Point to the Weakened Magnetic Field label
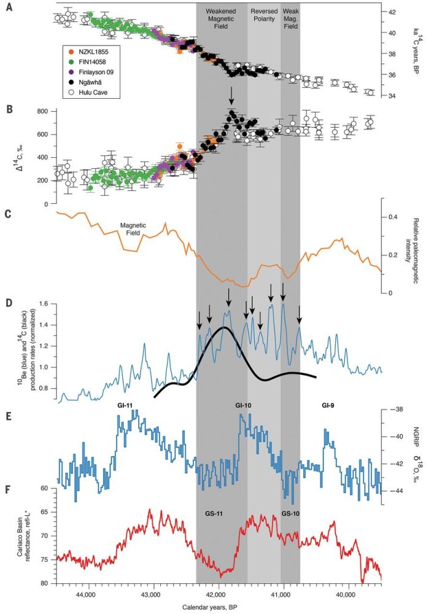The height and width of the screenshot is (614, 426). (222, 19)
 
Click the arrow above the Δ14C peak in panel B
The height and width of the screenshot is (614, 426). (231, 95)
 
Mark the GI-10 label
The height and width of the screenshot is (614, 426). (244, 406)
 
